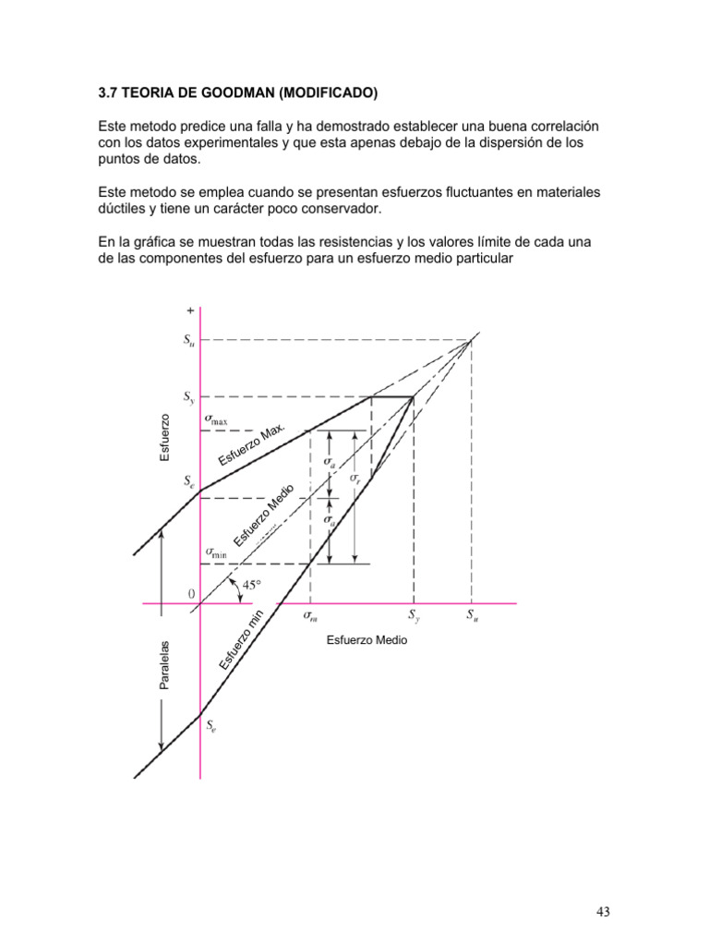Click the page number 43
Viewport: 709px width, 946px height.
pos(603,913)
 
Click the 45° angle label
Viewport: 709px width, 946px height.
pos(252,585)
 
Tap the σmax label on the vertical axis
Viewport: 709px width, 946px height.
pos(216,419)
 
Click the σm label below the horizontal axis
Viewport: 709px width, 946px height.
pos(310,614)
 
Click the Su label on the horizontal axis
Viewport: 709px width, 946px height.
pos(472,614)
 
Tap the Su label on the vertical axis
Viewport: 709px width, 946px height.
pos(189,340)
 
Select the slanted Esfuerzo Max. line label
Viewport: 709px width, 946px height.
pos(252,447)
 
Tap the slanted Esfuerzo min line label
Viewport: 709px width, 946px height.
pos(243,640)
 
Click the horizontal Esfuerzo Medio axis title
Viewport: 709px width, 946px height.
pos(367,639)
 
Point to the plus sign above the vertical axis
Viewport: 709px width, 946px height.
pos(190,312)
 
